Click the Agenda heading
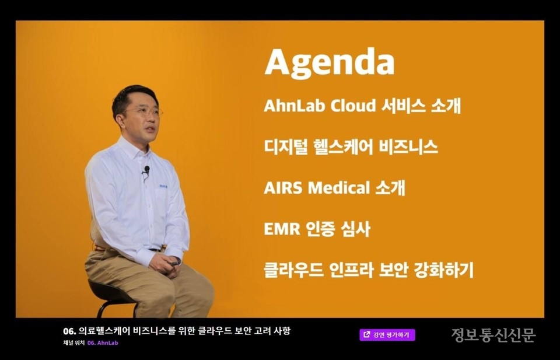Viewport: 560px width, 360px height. tap(330, 63)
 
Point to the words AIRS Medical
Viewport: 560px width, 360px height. tap(317, 188)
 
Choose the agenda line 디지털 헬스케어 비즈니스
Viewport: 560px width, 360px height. tap(351, 147)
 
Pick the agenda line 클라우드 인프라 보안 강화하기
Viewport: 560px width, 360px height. tap(368, 270)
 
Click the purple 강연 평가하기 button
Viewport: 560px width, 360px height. tap(387, 334)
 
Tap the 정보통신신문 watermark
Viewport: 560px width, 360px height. tap(494, 335)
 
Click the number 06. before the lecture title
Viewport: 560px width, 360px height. tap(69, 331)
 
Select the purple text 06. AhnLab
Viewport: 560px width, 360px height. tap(103, 343)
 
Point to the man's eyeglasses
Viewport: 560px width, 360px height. tap(143, 111)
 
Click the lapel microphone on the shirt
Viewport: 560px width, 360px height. tap(146, 170)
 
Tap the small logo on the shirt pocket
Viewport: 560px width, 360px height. tap(163, 187)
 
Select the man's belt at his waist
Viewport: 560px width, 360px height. tap(155, 249)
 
